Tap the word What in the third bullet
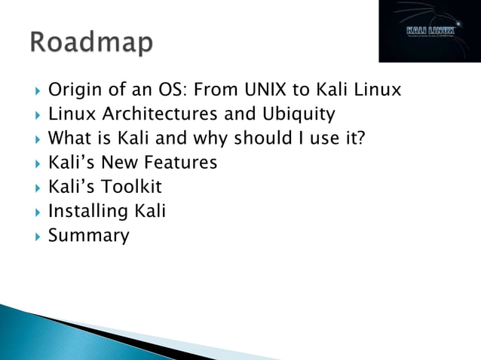[69, 139]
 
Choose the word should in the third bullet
[256, 139]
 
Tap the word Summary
[88, 236]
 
